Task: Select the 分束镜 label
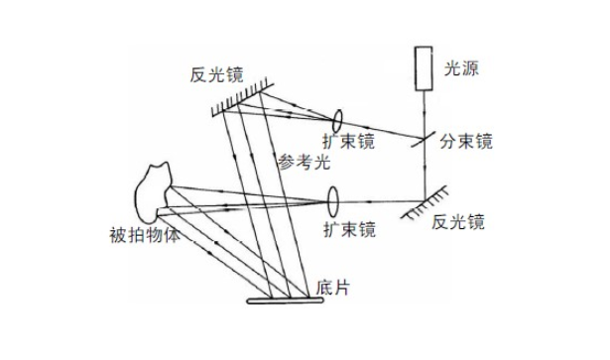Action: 467,142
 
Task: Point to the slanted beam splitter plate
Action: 427,141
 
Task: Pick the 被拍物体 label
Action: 146,237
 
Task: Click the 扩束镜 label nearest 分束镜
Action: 350,142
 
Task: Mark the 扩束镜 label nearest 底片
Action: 349,230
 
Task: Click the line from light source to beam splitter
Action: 427,111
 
